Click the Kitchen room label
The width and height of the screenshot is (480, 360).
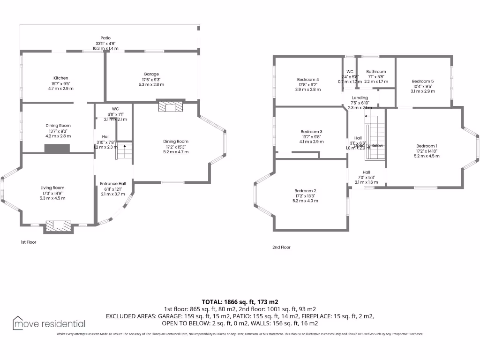pos(60,78)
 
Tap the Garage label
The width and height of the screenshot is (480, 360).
pos(151,74)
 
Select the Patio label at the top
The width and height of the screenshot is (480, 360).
pos(105,38)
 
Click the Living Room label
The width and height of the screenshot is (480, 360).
pos(52,188)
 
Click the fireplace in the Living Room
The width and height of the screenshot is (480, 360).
pos(59,225)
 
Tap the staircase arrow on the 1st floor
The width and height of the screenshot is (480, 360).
pos(125,146)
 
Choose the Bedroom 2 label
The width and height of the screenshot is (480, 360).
pos(305,191)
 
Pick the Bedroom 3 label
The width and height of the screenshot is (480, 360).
pos(311,132)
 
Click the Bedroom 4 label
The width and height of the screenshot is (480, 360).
pos(308,80)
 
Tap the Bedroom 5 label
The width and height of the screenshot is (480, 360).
pos(423,81)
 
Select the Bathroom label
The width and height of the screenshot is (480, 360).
pos(376,72)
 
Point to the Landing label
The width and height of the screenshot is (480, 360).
pos(360,97)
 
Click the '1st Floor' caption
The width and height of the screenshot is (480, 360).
pos(28,242)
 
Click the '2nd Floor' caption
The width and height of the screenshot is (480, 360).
pos(281,247)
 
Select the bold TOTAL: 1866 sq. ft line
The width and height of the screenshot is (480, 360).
pos(240,302)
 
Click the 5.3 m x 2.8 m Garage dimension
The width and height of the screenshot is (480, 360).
pos(151,84)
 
